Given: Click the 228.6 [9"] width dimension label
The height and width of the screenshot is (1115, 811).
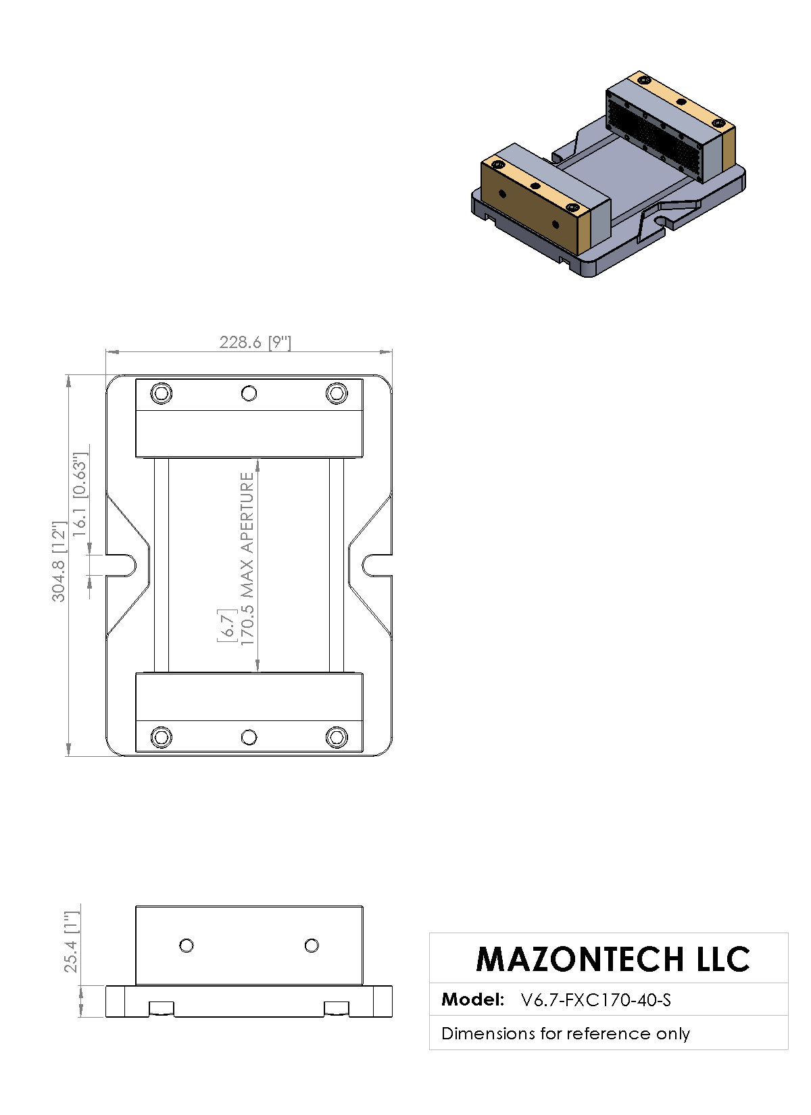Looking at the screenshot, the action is click(255, 343).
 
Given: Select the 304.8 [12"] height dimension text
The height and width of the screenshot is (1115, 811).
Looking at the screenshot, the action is click(59, 562).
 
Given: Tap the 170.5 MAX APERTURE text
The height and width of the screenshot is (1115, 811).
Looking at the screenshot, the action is click(247, 559).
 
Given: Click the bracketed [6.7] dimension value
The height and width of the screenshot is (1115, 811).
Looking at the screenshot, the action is click(226, 625).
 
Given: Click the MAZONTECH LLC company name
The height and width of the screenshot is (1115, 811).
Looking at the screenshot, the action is click(612, 959).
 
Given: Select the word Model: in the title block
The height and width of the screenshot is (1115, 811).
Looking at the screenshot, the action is click(472, 999).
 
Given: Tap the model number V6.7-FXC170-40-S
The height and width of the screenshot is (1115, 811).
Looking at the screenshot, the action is click(596, 999).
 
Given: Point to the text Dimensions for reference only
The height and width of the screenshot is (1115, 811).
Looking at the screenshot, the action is click(566, 1033).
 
